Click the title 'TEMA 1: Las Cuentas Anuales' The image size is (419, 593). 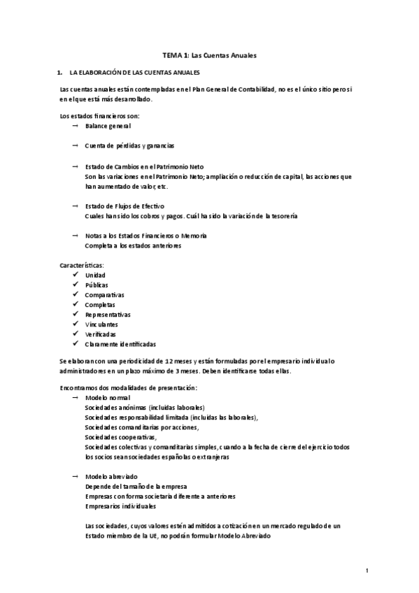click(x=210, y=55)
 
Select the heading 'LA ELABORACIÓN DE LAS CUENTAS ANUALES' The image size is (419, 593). click(x=131, y=72)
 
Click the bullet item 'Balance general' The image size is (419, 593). click(x=108, y=126)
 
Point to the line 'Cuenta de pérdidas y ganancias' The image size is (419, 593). click(x=129, y=146)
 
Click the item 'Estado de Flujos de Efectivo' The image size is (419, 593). click(x=125, y=206)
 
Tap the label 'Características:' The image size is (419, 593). click(x=83, y=266)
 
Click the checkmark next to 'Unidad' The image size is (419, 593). click(x=75, y=276)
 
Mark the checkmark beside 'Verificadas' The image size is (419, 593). click(x=75, y=334)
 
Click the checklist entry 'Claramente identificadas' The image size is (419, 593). click(x=120, y=344)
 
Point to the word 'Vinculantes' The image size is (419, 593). click(x=101, y=324)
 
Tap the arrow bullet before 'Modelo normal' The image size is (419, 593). click(x=74, y=397)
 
